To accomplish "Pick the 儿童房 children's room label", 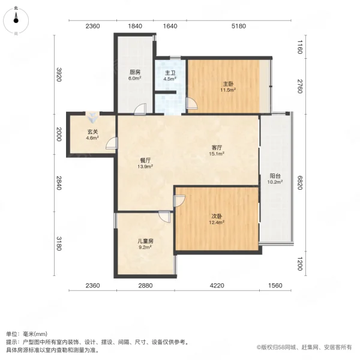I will (146, 243).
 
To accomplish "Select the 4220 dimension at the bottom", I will (217, 285).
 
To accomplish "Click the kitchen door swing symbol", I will (140, 109).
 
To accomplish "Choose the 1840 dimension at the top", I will (135, 26).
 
